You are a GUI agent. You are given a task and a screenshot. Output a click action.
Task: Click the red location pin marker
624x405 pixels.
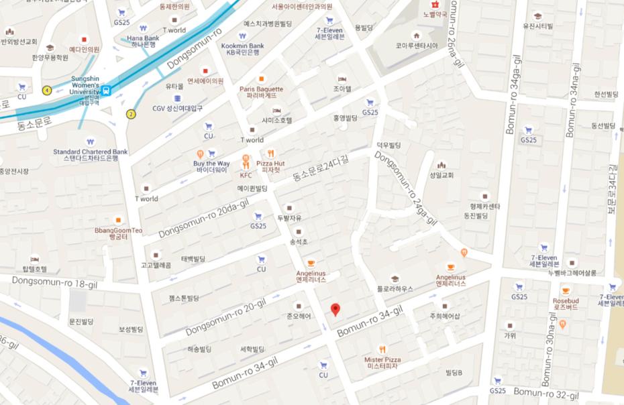pos(335,309)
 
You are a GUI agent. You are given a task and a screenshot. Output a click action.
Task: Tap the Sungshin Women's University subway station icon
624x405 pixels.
pos(107,90)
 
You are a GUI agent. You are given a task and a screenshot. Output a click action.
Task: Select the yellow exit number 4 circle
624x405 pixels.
pos(47,90)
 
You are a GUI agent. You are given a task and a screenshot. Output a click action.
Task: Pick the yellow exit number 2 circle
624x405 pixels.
pos(130,113)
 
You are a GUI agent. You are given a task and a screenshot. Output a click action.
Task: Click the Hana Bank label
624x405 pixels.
pos(143,38)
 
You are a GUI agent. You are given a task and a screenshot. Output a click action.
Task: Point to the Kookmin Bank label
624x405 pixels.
pos(242,46)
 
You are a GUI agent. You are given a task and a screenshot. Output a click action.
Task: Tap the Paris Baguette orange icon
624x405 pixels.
pos(261,78)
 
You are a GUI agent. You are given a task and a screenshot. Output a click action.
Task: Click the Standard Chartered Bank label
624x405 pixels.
pos(90,152)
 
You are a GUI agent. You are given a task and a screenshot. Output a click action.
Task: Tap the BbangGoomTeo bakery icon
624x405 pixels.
pos(118,220)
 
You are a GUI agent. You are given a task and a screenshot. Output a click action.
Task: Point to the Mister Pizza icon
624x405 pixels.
pos(382,349)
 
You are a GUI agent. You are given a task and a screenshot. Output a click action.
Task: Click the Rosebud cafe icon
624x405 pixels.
pos(565,291)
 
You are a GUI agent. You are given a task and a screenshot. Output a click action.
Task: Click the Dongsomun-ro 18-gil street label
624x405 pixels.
pos(54,282)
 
